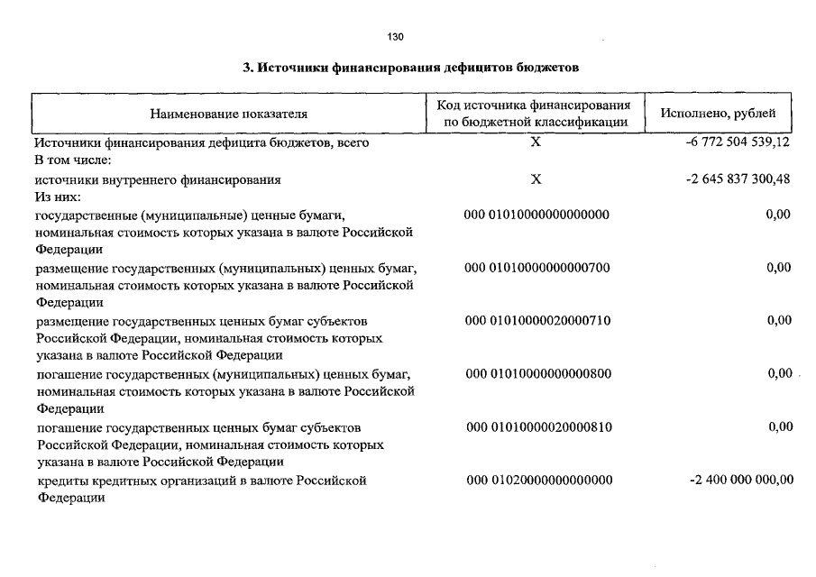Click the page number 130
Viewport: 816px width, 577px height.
(395, 37)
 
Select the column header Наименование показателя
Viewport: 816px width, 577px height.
(228, 114)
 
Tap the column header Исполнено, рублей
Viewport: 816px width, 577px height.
(718, 114)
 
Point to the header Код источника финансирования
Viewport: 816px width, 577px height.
(539, 106)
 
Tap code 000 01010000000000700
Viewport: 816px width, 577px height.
(537, 268)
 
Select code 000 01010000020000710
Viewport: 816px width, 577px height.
(537, 321)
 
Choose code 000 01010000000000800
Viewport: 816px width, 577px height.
(538, 373)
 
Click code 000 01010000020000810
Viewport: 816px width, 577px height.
(539, 426)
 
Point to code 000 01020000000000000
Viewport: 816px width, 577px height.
(539, 480)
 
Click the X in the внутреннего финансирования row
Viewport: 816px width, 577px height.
(536, 179)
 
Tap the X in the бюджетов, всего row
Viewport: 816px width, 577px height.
(536, 142)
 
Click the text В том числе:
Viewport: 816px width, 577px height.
(72, 160)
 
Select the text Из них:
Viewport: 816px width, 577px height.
(58, 196)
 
